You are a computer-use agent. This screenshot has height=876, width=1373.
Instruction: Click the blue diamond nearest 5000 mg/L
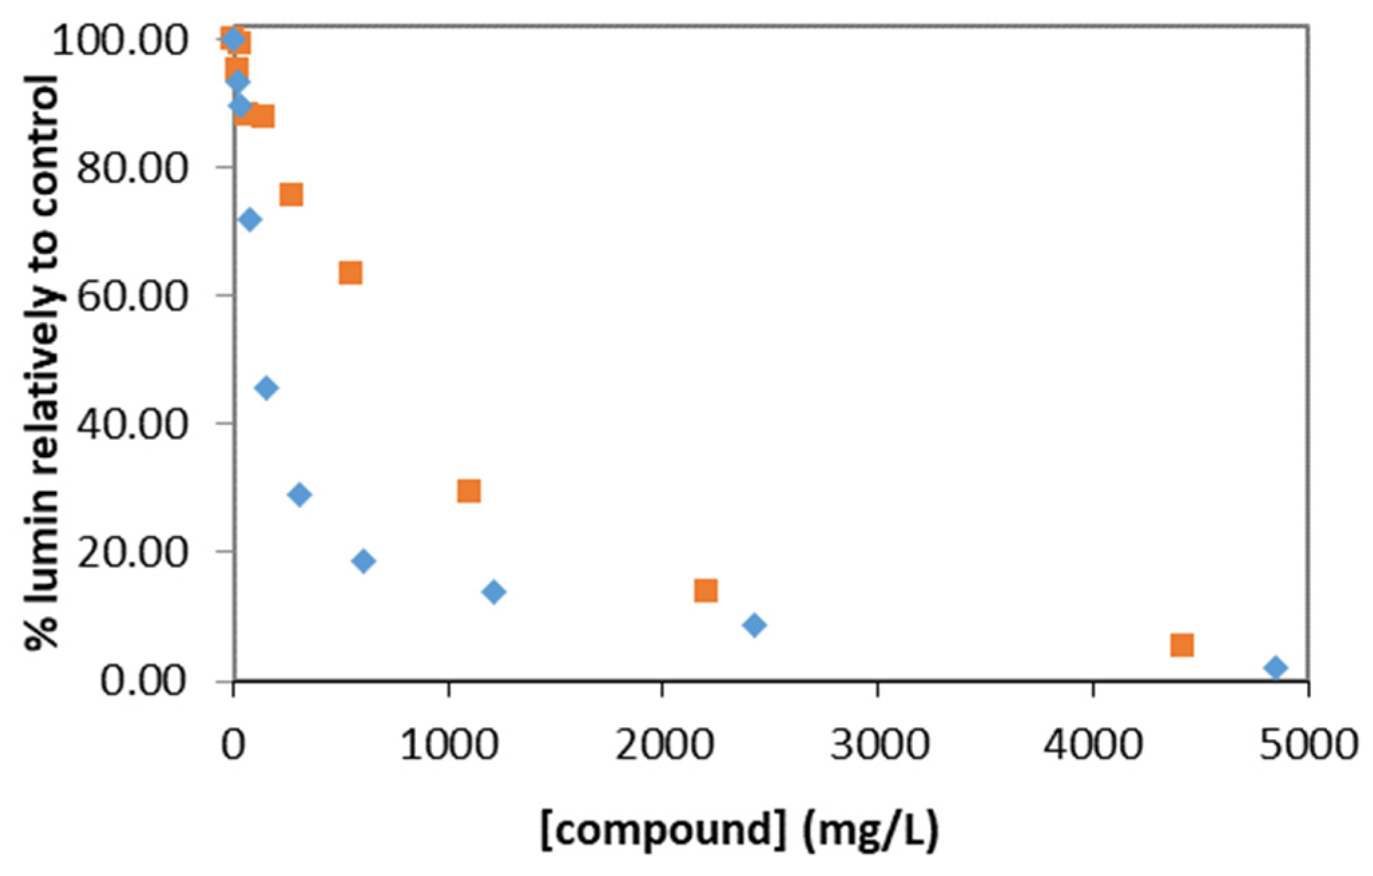[x=1275, y=668]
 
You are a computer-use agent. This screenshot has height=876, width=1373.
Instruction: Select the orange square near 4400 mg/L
[x=1181, y=645]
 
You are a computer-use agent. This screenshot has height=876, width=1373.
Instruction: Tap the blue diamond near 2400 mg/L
[x=754, y=625]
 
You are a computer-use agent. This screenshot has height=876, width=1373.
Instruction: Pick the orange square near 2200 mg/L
[x=705, y=591]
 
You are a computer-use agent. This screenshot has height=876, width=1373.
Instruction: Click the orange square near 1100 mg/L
[x=469, y=491]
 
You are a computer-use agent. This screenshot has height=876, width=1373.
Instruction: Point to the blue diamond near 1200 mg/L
[x=494, y=591]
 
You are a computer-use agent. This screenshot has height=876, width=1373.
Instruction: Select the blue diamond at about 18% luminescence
[x=363, y=561]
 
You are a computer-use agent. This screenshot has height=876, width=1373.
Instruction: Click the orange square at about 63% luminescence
[x=350, y=273]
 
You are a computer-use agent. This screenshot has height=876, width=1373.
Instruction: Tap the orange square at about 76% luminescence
[x=291, y=194]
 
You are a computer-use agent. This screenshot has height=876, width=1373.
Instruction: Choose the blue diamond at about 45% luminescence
[x=266, y=388]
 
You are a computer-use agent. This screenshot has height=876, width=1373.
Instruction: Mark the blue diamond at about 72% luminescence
[x=249, y=219]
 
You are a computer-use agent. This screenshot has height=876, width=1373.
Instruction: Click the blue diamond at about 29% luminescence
[x=300, y=494]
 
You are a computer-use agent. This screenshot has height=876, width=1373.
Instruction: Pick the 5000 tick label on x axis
[x=1308, y=744]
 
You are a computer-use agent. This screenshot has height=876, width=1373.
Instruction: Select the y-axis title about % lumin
[x=41, y=361]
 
